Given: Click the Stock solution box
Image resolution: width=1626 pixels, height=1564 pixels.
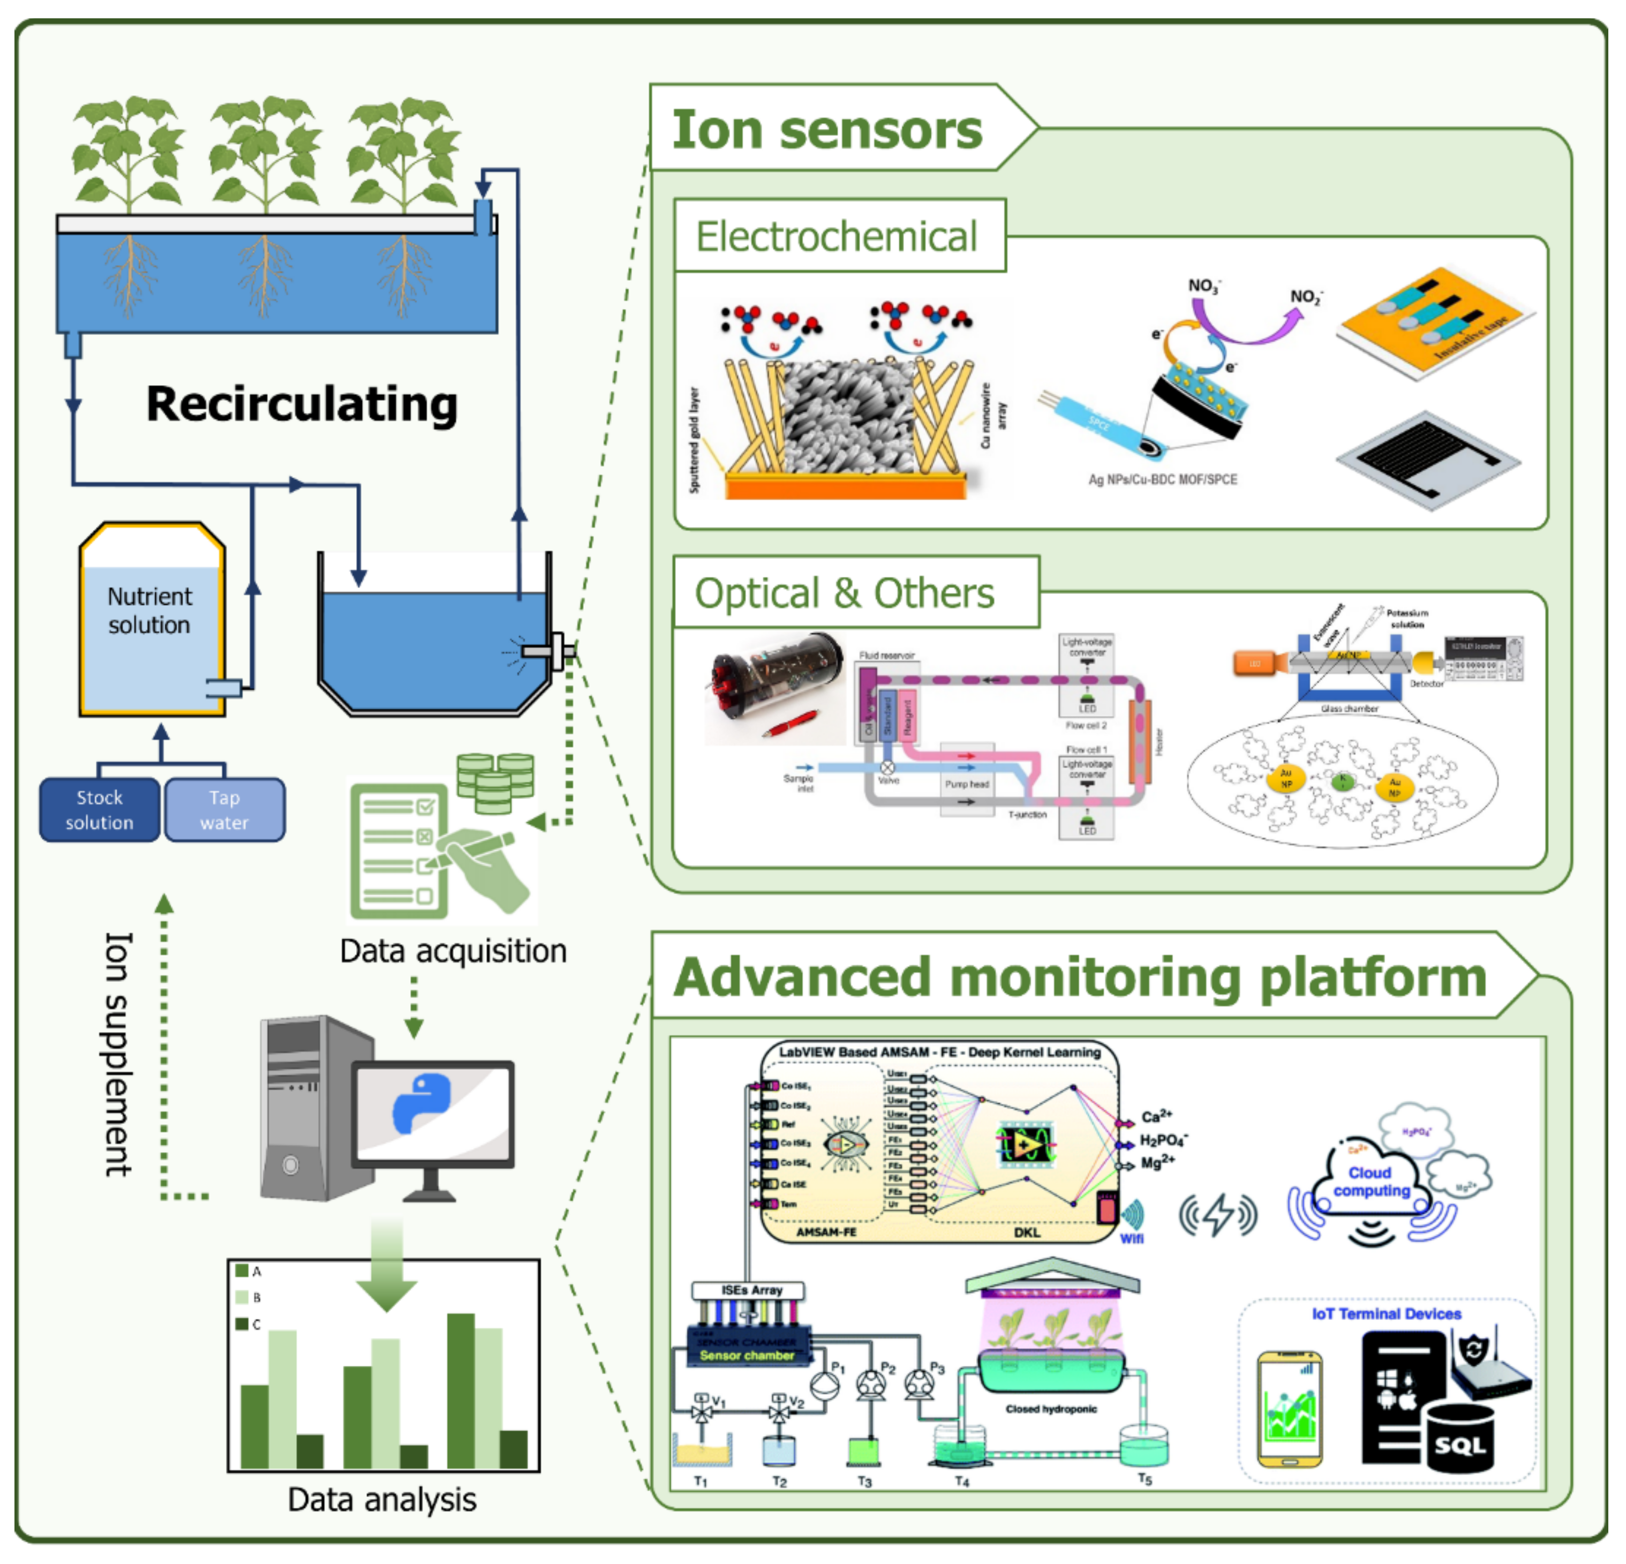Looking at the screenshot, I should tap(100, 810).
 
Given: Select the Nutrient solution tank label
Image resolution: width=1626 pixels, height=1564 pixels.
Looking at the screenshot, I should tap(149, 611).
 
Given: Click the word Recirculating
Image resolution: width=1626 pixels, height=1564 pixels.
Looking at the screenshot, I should tap(302, 405).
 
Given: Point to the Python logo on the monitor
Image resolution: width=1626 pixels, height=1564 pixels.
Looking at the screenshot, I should tap(421, 1103).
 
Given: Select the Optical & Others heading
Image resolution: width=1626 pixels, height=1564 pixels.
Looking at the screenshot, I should tap(845, 593).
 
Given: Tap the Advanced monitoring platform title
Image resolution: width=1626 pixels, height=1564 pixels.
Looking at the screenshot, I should tap(1079, 977).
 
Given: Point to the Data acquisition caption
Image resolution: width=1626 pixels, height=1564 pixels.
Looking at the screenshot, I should tap(453, 951).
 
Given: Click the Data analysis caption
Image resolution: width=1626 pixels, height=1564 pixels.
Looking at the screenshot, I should tap(382, 1499).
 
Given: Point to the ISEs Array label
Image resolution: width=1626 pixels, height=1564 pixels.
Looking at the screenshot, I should tap(751, 1290).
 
